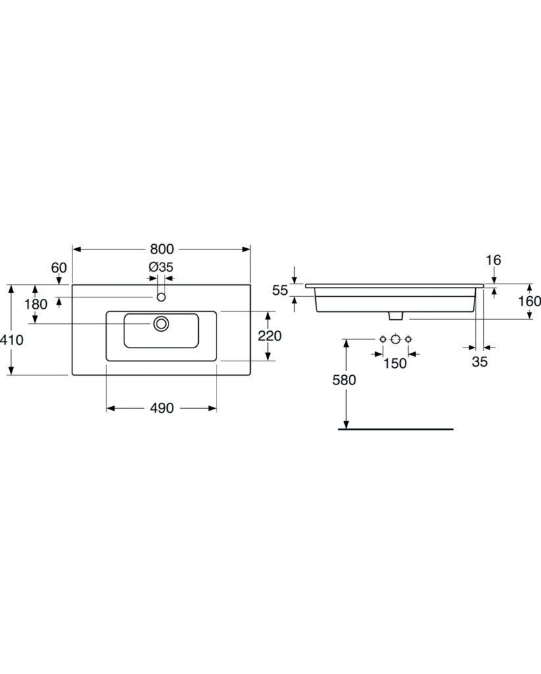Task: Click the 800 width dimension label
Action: (161, 249)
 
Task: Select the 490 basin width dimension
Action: (161, 408)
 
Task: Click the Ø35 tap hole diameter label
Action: (161, 267)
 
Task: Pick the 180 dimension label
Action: (36, 304)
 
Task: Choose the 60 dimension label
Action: (59, 268)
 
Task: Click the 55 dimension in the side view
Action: (280, 290)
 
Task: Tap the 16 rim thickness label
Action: (494, 259)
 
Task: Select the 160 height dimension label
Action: (529, 301)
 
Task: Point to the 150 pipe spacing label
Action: (395, 363)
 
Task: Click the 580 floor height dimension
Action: (344, 380)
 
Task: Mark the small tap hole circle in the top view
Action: (161, 297)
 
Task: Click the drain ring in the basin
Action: (161, 324)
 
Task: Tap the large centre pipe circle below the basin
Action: (396, 340)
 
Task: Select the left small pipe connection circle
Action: (382, 340)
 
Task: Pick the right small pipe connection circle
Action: (408, 340)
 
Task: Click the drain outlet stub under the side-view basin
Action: (396, 316)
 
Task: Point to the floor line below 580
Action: (396, 429)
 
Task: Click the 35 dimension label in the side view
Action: (480, 362)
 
